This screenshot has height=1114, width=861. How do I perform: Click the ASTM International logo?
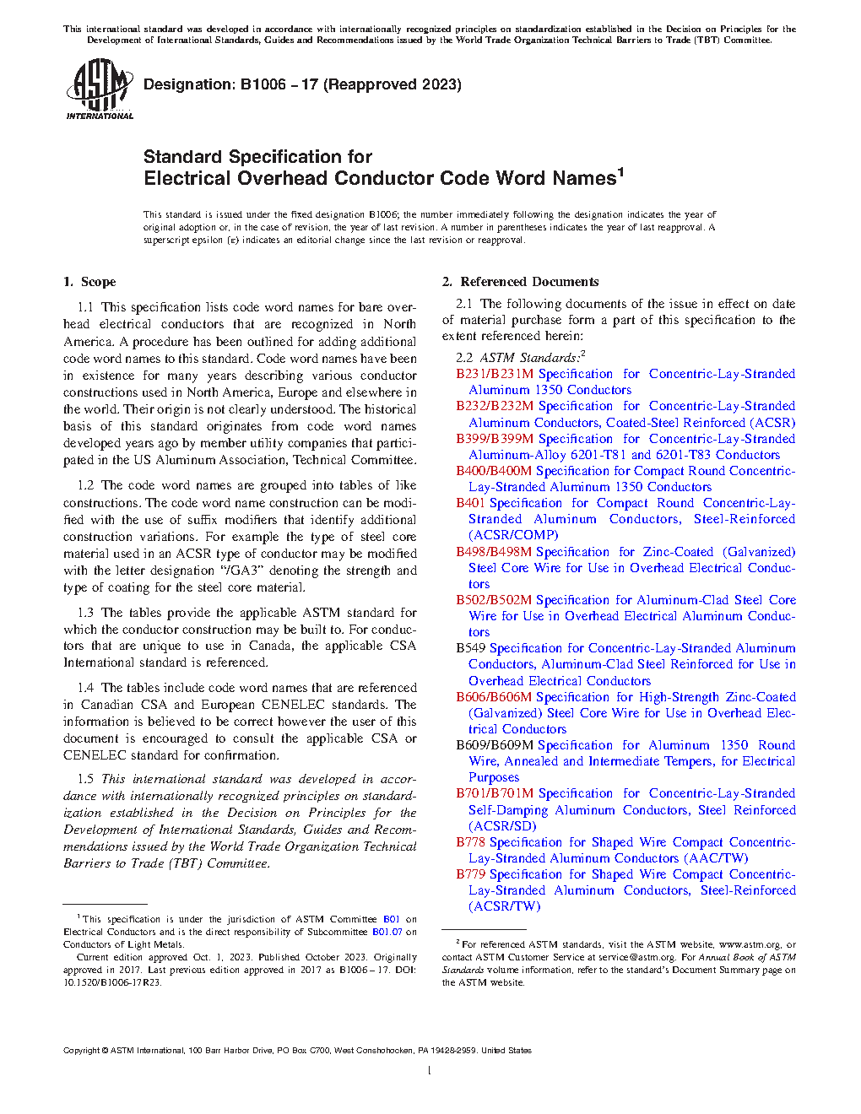100,89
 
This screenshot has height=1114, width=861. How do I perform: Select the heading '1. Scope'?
89,282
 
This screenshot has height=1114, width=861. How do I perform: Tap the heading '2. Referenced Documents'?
521,282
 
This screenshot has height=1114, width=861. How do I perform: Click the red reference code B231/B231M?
495,374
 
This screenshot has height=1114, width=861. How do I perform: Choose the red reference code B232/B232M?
495,406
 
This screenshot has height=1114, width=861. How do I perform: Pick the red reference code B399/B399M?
495,439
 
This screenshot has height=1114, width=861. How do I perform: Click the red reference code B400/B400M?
494,471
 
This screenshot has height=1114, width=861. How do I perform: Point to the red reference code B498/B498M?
494,552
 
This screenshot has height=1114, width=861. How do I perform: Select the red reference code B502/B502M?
494,600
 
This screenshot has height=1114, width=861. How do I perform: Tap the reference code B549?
471,648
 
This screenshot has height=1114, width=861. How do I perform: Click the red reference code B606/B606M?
494,697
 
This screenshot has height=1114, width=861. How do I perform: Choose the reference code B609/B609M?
495,745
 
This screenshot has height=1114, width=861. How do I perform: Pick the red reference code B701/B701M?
495,793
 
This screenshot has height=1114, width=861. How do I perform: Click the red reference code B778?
471,842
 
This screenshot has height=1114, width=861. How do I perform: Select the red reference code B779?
471,874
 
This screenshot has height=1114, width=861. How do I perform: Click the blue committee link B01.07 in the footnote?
387,932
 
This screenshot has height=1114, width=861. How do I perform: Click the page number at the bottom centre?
430,1070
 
